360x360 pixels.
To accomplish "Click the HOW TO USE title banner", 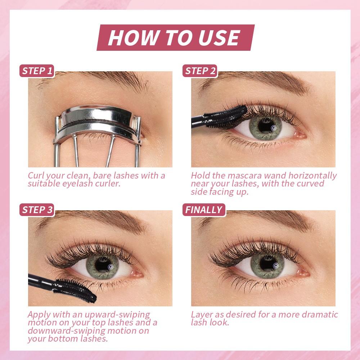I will click(175, 37).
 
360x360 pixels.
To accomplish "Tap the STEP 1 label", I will click(37, 71).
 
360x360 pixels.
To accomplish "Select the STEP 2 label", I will click(200, 71).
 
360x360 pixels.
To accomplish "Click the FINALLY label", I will click(203, 210).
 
